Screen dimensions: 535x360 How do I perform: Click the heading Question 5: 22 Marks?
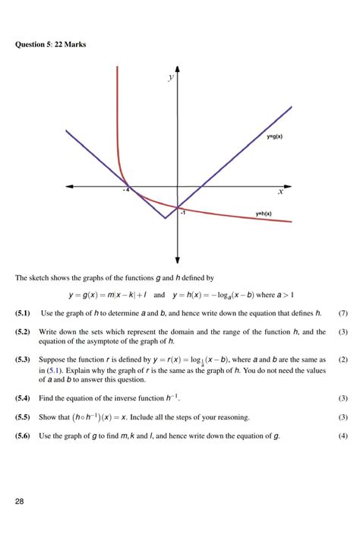[51, 44]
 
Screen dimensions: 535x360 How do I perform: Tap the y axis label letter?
[172, 78]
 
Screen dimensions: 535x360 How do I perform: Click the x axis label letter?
[280, 192]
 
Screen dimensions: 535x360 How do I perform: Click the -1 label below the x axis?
[182, 213]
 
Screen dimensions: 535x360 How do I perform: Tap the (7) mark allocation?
[343, 313]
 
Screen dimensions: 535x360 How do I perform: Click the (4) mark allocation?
[343, 436]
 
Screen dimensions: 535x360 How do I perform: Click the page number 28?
[20, 501]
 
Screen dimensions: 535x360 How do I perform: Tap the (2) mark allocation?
[343, 359]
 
